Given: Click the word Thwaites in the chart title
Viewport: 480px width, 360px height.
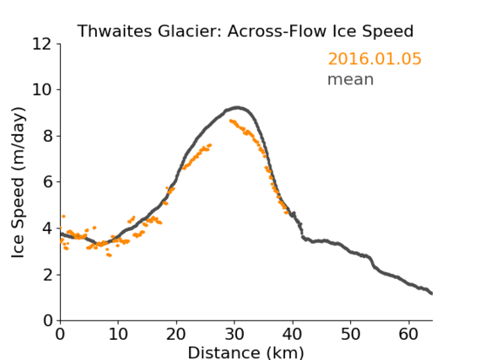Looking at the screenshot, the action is tap(115, 31).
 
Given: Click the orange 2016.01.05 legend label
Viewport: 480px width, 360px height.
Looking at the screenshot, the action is tap(375, 58).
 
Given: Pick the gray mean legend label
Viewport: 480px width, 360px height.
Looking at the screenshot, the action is tap(351, 79).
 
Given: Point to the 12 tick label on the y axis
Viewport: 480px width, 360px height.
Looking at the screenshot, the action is tap(42, 44).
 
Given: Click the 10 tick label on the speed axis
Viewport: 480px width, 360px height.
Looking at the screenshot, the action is tap(42, 90).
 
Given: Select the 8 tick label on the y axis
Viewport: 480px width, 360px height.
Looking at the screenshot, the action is tap(48, 136).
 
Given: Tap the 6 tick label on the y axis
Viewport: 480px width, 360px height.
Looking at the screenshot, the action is tap(48, 182).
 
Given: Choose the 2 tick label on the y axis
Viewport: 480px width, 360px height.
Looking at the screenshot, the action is tap(48, 275).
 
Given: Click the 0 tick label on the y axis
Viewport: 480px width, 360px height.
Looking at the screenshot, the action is tap(48, 320).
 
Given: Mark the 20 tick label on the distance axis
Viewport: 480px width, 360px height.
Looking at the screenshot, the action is tap(176, 334).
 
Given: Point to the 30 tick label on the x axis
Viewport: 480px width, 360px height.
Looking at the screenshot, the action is tap(235, 334).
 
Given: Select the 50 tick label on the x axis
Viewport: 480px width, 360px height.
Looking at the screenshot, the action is tap(351, 334).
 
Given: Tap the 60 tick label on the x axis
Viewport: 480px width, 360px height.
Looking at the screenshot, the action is tap(408, 334).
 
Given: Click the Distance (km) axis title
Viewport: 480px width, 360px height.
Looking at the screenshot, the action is tap(245, 353).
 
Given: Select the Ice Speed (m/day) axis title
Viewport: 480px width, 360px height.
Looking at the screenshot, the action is tap(18, 183).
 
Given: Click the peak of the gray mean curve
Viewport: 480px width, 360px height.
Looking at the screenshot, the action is tap(237, 107).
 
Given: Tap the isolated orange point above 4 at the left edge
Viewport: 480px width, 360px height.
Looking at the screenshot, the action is tap(63, 216).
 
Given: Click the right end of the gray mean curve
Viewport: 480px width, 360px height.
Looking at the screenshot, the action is tap(432, 293).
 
